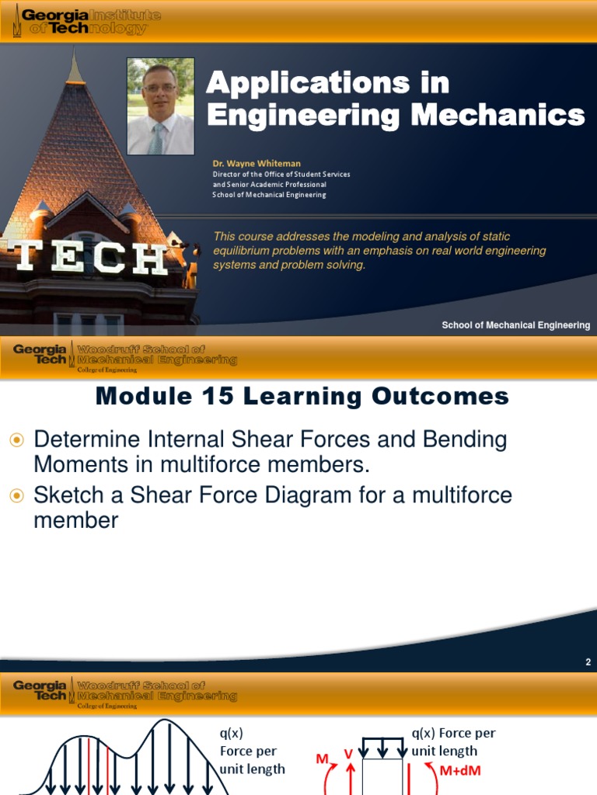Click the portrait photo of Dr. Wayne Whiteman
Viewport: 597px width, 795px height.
(x=161, y=106)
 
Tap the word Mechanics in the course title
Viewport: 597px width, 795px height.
(x=497, y=115)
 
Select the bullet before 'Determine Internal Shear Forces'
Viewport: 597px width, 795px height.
(x=17, y=440)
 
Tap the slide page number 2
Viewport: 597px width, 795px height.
(x=588, y=662)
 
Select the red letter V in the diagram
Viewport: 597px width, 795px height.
(x=348, y=752)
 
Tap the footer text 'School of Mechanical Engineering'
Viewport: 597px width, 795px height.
(x=515, y=325)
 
